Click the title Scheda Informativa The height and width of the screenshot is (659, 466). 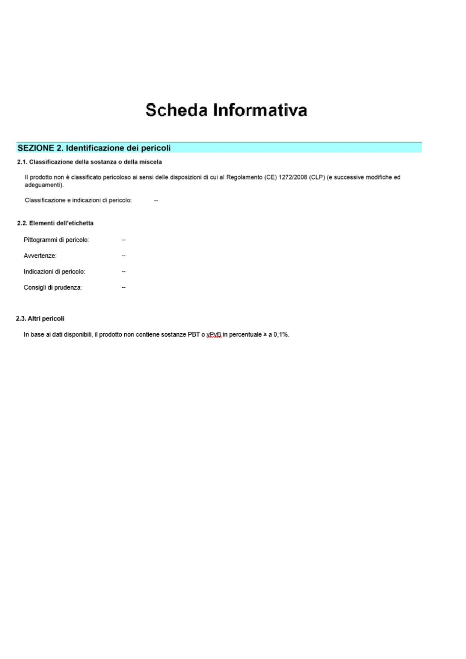point(226,110)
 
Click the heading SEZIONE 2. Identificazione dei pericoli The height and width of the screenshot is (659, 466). point(94,148)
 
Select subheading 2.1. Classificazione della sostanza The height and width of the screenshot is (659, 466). point(89,162)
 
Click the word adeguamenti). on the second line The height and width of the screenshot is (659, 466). point(44,185)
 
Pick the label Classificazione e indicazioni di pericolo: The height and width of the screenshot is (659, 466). point(78,200)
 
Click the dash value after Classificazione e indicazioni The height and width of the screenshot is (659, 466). point(156,201)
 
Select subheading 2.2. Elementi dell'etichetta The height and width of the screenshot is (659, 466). point(55,223)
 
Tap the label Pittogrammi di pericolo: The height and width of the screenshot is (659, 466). point(56,240)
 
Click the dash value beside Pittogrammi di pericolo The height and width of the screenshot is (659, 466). point(124,240)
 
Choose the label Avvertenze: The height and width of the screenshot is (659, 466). point(40,256)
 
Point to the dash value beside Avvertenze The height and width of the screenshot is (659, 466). point(124,256)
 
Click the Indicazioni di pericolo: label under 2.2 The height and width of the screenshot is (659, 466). point(54,272)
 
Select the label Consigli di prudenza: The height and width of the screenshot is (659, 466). point(53,287)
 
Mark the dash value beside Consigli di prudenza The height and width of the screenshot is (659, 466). point(124,287)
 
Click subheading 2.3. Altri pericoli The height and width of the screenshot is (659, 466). point(40,319)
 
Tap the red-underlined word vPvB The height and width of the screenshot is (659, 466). point(214,334)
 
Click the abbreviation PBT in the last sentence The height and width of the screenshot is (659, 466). point(193,334)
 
